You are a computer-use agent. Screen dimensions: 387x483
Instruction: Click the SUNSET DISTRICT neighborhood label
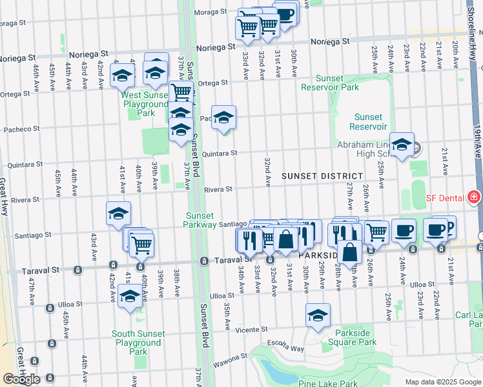[322, 176]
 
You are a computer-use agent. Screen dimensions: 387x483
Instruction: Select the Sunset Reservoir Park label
[331, 82]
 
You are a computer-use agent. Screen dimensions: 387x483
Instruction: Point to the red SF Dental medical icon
[474, 196]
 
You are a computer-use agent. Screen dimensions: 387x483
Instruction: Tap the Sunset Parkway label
[201, 220]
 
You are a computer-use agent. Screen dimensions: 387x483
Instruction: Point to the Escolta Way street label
[287, 348]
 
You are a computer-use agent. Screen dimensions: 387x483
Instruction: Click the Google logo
[21, 379]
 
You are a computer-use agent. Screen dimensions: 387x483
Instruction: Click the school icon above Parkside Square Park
[318, 316]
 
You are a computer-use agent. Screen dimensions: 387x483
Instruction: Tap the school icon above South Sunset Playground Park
[130, 296]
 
